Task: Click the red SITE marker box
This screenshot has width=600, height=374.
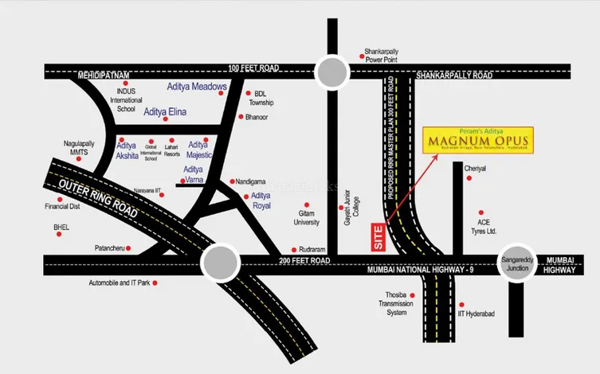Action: point(378,238)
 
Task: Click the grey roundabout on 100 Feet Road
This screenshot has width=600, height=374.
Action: point(331,72)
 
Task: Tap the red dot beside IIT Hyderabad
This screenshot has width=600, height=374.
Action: point(461,303)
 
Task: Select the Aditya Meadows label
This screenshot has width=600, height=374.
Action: point(197,86)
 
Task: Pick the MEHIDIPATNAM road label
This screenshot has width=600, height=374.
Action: point(103,76)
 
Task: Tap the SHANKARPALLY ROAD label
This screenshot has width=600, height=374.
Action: point(454,76)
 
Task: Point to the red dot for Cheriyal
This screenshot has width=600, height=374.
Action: point(469,178)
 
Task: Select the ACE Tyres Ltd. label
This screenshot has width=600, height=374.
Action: point(487,227)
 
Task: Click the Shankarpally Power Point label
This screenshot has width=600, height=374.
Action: point(381,55)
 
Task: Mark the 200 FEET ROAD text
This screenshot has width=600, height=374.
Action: point(305,261)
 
